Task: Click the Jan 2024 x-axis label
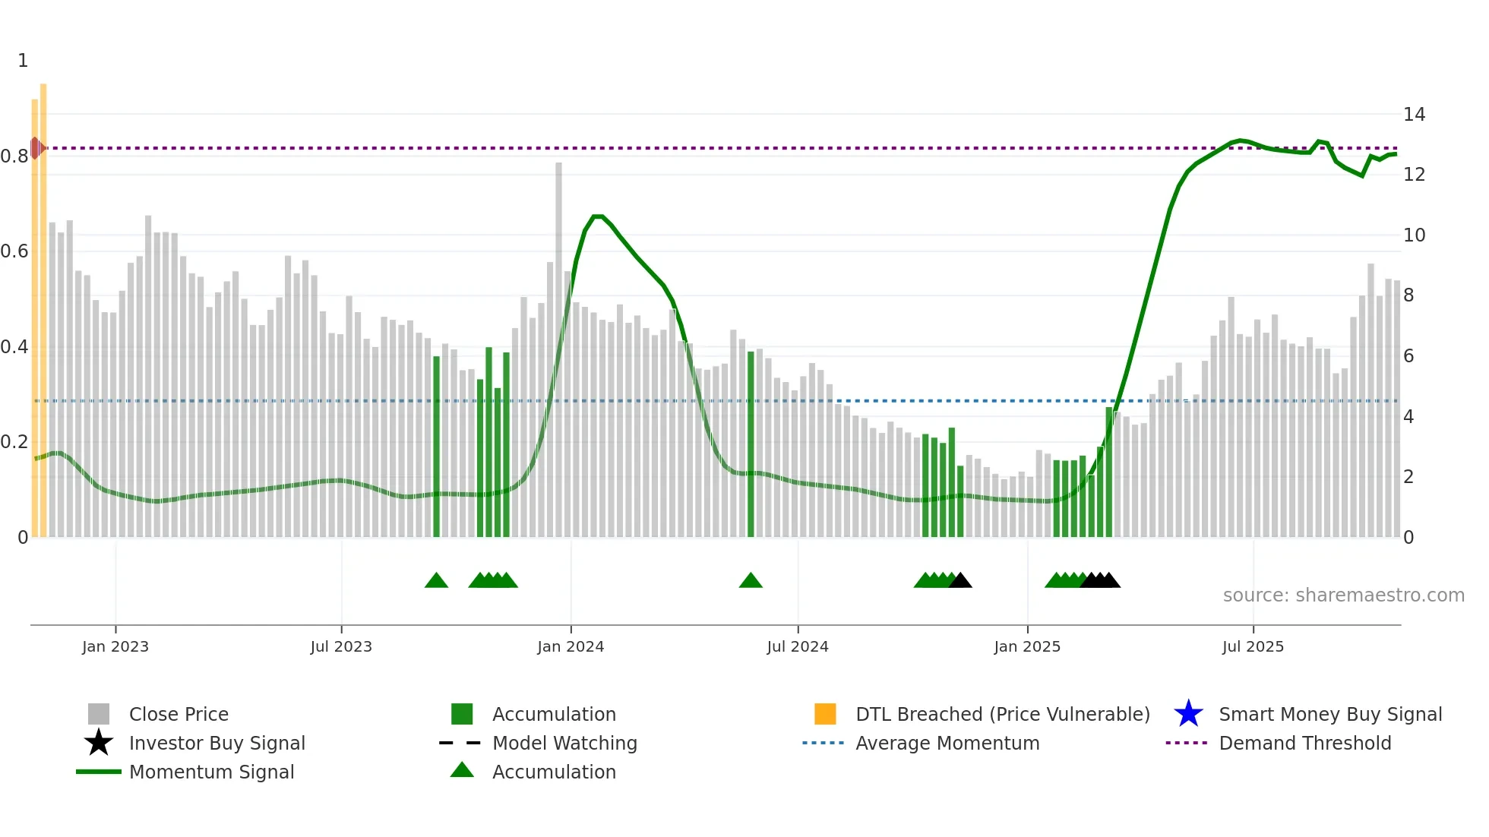571,646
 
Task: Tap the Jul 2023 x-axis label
341,646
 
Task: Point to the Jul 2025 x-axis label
1253,646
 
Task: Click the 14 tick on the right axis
1414,115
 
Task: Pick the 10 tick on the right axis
1414,235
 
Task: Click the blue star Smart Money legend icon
1188,714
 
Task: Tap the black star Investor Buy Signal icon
99,743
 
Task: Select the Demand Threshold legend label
1304,743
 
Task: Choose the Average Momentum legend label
947,743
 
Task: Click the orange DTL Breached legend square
825,714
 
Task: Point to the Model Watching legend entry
564,743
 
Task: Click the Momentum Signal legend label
211,772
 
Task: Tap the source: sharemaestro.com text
1343,595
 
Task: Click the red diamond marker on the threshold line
36,148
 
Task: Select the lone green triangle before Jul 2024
751,581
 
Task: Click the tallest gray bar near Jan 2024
558,349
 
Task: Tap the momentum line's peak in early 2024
598,216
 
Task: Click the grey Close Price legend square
99,714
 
